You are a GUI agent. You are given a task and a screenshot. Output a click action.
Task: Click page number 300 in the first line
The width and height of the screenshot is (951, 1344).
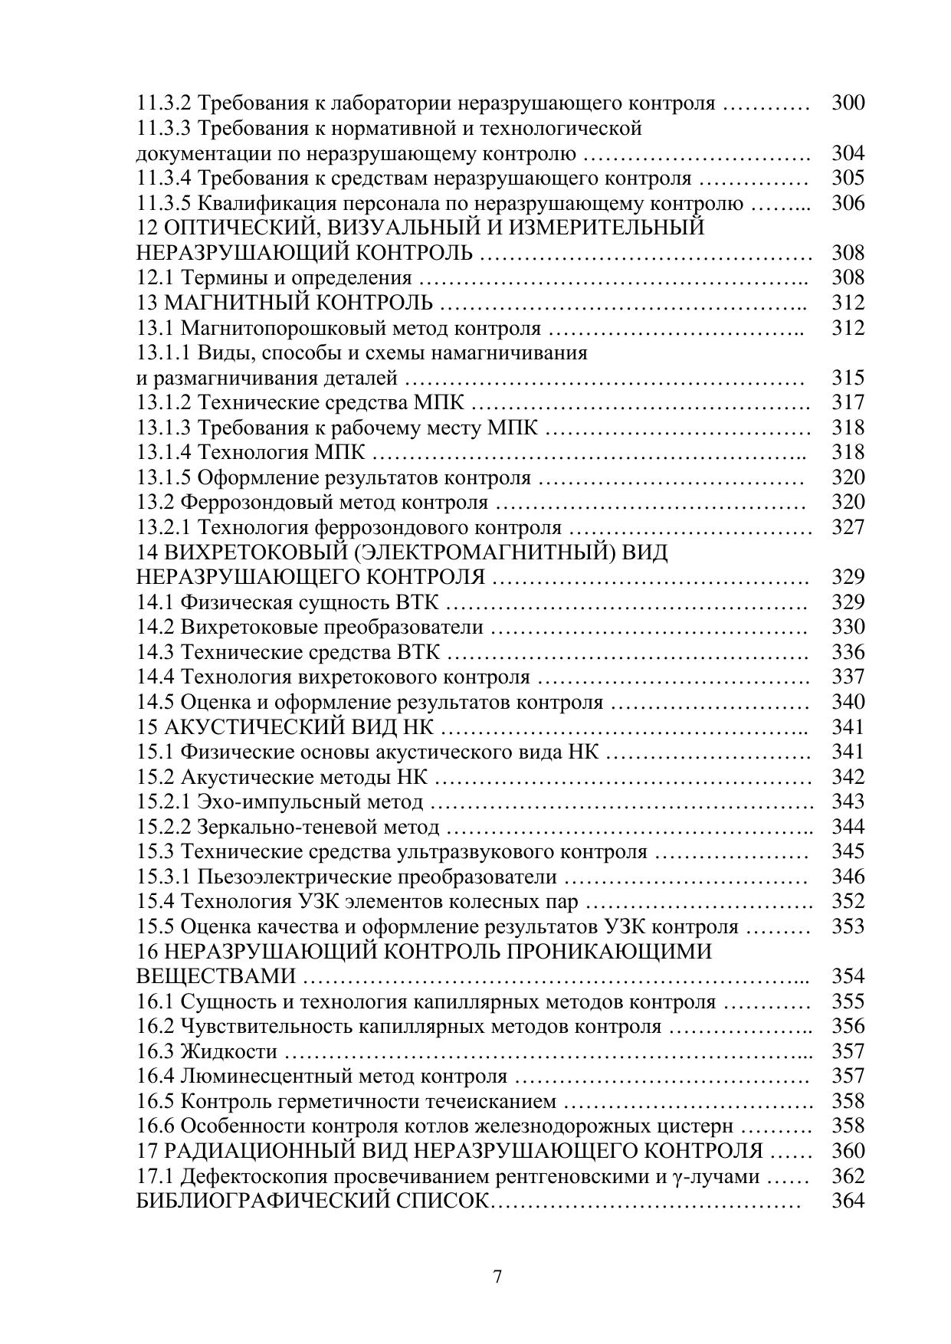click(x=848, y=103)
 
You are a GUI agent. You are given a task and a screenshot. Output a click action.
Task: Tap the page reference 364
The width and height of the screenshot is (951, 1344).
click(x=848, y=1201)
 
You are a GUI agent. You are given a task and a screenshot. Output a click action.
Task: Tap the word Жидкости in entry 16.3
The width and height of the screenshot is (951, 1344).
click(x=228, y=1051)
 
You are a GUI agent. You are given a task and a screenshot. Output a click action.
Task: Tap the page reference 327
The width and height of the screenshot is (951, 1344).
click(x=848, y=527)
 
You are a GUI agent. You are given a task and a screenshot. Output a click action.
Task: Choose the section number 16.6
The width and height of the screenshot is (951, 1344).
click(x=156, y=1126)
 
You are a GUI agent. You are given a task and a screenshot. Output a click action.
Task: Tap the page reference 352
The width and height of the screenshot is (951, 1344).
click(x=848, y=901)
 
